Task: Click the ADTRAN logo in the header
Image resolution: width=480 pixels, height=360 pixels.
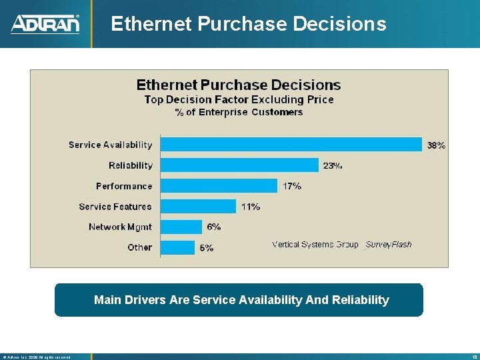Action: point(45,24)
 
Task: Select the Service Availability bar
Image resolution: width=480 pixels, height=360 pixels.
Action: point(291,144)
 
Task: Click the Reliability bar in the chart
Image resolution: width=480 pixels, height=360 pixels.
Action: point(239,165)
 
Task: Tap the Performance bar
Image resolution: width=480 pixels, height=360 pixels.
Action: point(219,186)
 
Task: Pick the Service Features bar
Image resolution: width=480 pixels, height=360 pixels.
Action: point(198,207)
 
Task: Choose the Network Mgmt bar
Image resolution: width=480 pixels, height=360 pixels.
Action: point(181,227)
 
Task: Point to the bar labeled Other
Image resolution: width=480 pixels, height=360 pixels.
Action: point(177,247)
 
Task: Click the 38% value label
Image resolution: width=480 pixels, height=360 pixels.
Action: point(437,145)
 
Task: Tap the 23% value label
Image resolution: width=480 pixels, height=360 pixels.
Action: point(333,165)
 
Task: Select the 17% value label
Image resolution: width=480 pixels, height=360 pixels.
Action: point(292,186)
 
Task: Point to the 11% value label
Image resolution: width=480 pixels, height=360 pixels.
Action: point(251,207)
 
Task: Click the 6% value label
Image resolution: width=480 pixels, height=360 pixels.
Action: point(214,227)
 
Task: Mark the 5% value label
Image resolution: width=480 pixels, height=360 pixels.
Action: point(207,247)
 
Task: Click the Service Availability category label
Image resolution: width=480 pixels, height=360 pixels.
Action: point(110,145)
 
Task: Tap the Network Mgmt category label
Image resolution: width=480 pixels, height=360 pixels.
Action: point(120,227)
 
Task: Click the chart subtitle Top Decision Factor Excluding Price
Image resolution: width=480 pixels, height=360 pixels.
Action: point(239,99)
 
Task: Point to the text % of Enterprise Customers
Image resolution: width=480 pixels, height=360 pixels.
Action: point(239,112)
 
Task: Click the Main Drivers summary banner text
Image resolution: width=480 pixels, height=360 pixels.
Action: point(241,300)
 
